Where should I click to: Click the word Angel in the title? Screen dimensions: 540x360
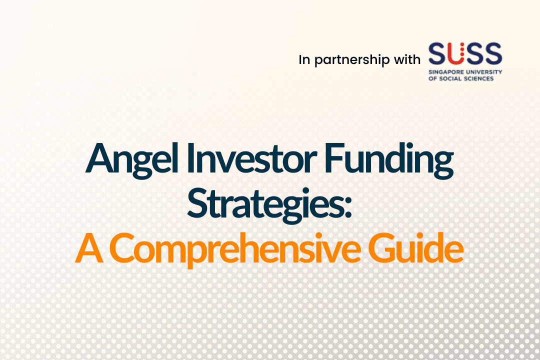click(132, 160)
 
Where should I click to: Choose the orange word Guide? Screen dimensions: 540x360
click(416, 247)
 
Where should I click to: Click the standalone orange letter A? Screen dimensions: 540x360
click(89, 248)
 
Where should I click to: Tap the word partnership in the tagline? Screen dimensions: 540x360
click(351, 60)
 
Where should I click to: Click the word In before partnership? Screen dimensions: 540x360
click(304, 59)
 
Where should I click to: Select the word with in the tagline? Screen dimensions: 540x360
click(407, 59)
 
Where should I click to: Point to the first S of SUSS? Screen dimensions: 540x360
click(437, 53)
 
